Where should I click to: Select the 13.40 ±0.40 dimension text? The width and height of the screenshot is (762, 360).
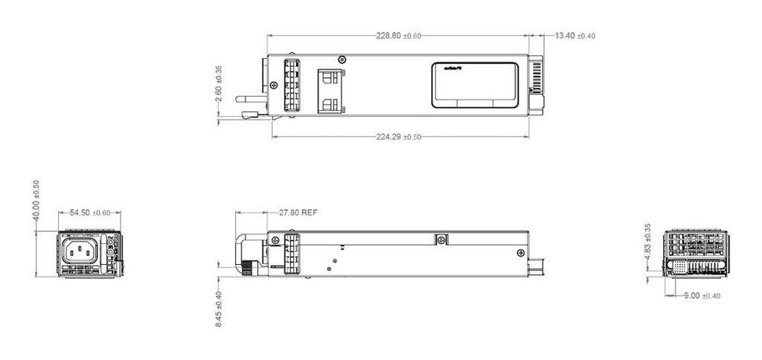[x=575, y=36]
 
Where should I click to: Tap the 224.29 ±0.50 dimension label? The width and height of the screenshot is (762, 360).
[x=399, y=137]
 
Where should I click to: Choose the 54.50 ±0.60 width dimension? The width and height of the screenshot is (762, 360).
[x=89, y=213]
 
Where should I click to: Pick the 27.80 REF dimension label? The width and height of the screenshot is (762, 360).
[x=298, y=213]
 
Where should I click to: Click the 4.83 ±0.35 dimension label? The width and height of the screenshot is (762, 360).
[x=648, y=240]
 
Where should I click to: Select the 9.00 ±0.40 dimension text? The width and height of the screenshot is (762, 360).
[x=702, y=297]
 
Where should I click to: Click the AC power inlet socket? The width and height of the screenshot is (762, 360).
[x=83, y=251]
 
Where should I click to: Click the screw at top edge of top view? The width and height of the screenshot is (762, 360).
[x=342, y=60]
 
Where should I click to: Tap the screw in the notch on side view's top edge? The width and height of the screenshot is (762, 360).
[x=441, y=240]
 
